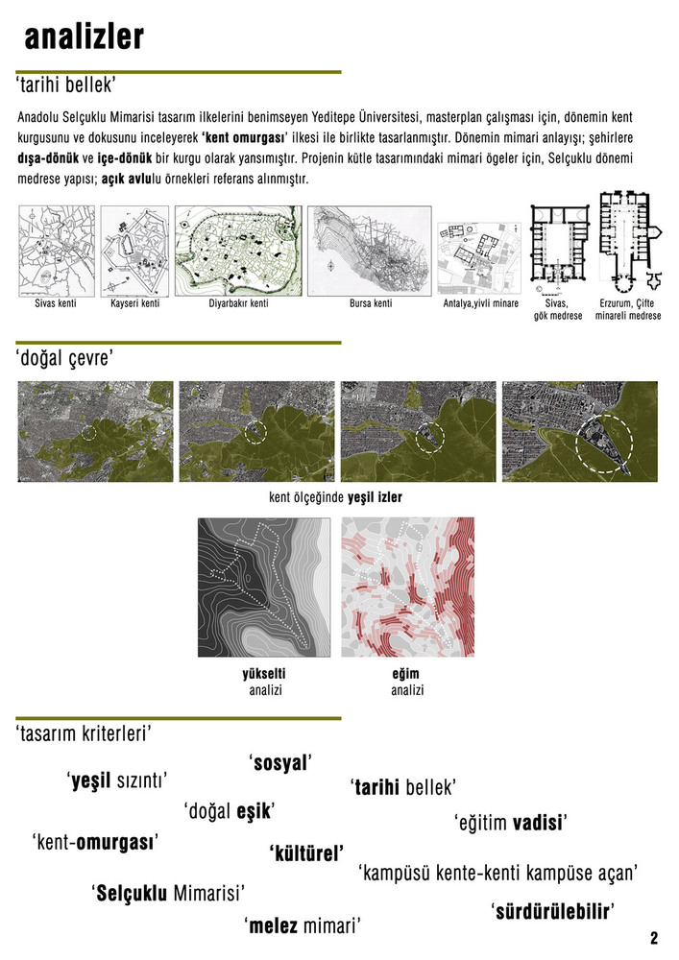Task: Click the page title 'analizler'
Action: [x=84, y=36]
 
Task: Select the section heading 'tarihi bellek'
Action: [x=65, y=85]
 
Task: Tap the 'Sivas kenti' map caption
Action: [x=56, y=303]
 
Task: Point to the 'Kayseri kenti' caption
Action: [x=134, y=303]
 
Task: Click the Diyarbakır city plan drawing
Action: [x=238, y=251]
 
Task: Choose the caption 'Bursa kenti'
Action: [x=371, y=303]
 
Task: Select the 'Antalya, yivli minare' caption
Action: [x=480, y=303]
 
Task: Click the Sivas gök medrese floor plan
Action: [x=558, y=250]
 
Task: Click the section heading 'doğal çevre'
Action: [x=64, y=358]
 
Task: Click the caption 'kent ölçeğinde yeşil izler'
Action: [x=335, y=497]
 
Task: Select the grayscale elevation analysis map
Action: [x=264, y=588]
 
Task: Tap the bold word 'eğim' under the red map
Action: [x=406, y=674]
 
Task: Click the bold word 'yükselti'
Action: [x=264, y=674]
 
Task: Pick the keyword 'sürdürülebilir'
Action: [x=553, y=912]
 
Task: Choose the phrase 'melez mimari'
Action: [x=303, y=925]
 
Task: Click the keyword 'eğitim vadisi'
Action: [x=511, y=823]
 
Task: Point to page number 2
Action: [x=654, y=938]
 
